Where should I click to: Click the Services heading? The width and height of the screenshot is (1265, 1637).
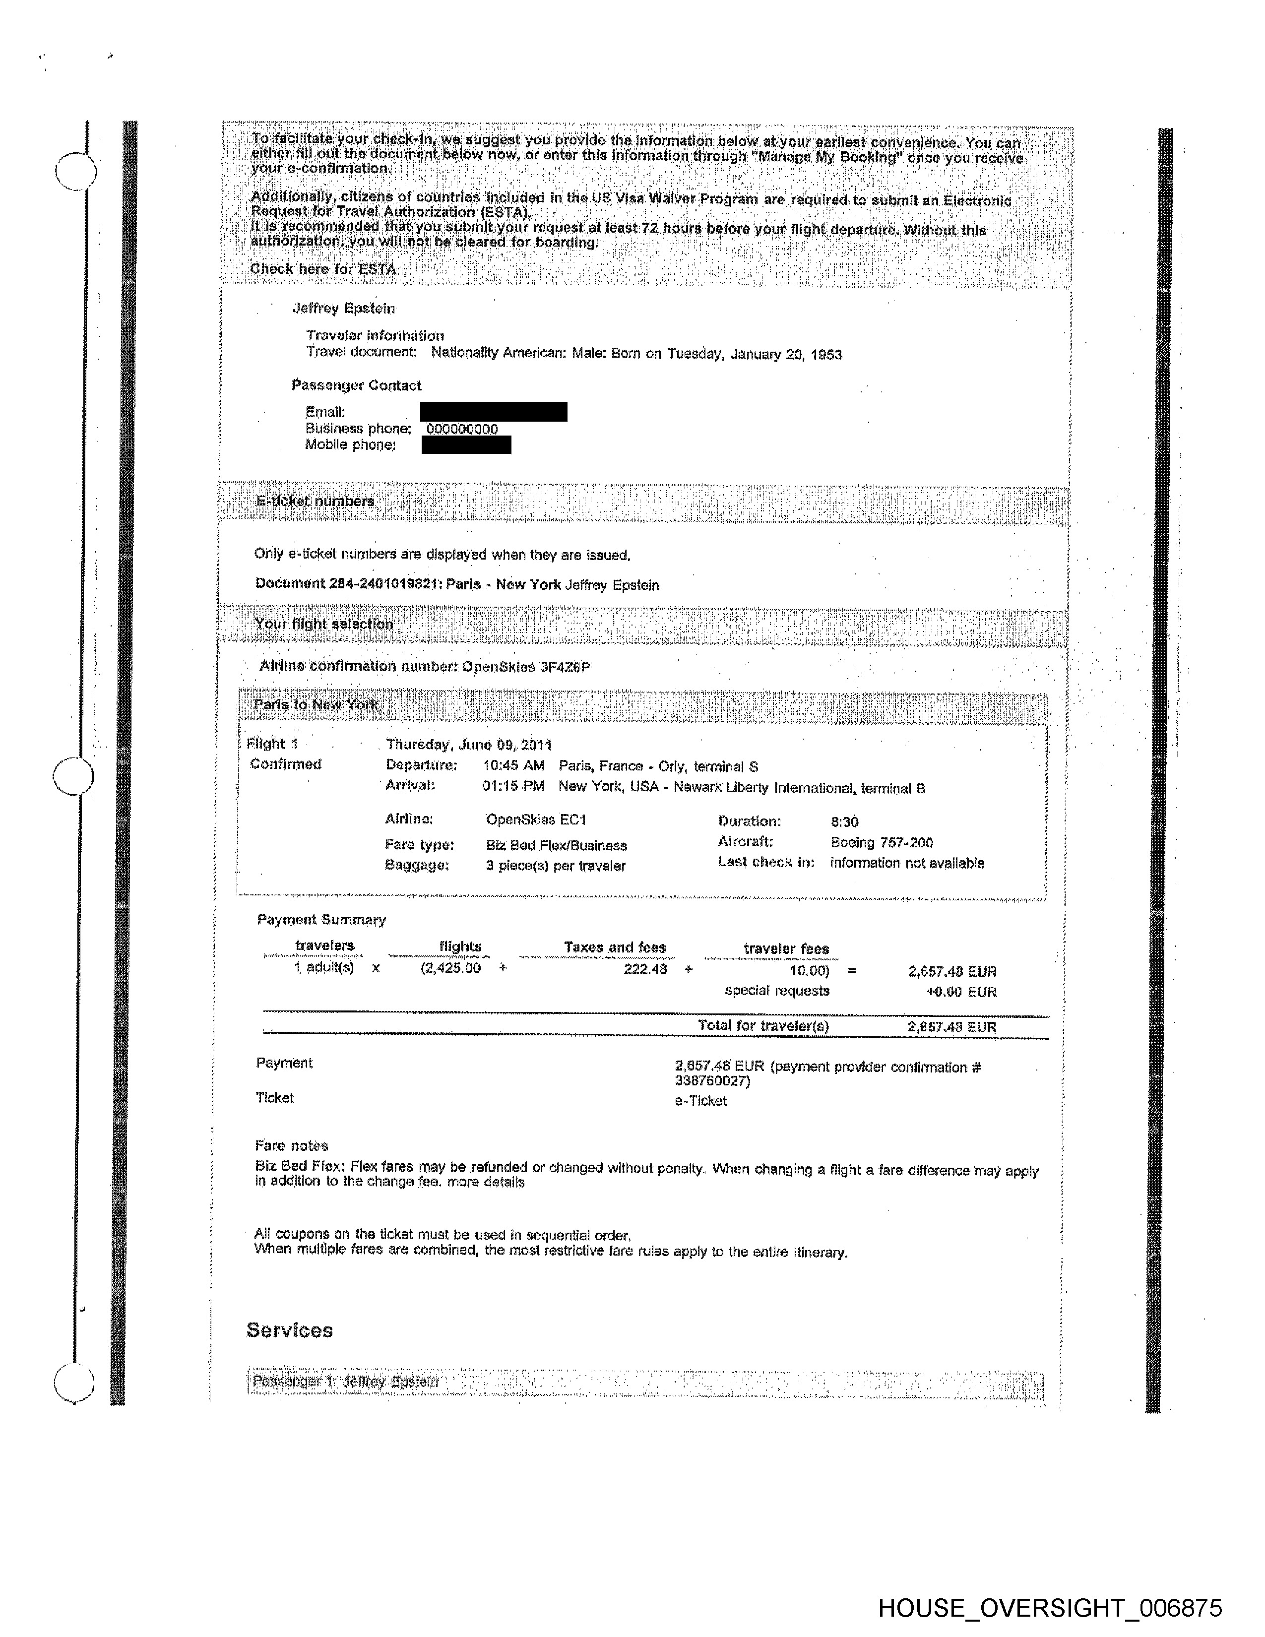tap(289, 1330)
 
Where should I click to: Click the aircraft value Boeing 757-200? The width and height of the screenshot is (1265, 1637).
tap(882, 842)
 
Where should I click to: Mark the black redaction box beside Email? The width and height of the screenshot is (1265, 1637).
tap(493, 412)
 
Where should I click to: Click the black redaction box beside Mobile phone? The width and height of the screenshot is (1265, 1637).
tap(466, 445)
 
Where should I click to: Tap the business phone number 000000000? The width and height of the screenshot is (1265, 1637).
tap(462, 429)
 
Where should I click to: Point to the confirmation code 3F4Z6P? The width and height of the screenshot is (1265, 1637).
tap(565, 666)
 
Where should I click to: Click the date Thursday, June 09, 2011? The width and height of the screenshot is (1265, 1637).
tap(468, 744)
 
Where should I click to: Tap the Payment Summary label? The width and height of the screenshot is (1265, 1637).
tap(321, 920)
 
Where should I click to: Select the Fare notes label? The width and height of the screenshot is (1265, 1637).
tap(292, 1145)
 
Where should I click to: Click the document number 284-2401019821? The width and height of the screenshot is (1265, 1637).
tap(382, 583)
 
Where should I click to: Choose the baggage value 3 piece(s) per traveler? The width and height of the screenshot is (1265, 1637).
tap(555, 866)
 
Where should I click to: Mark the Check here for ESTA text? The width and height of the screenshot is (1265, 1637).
tap(322, 269)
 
